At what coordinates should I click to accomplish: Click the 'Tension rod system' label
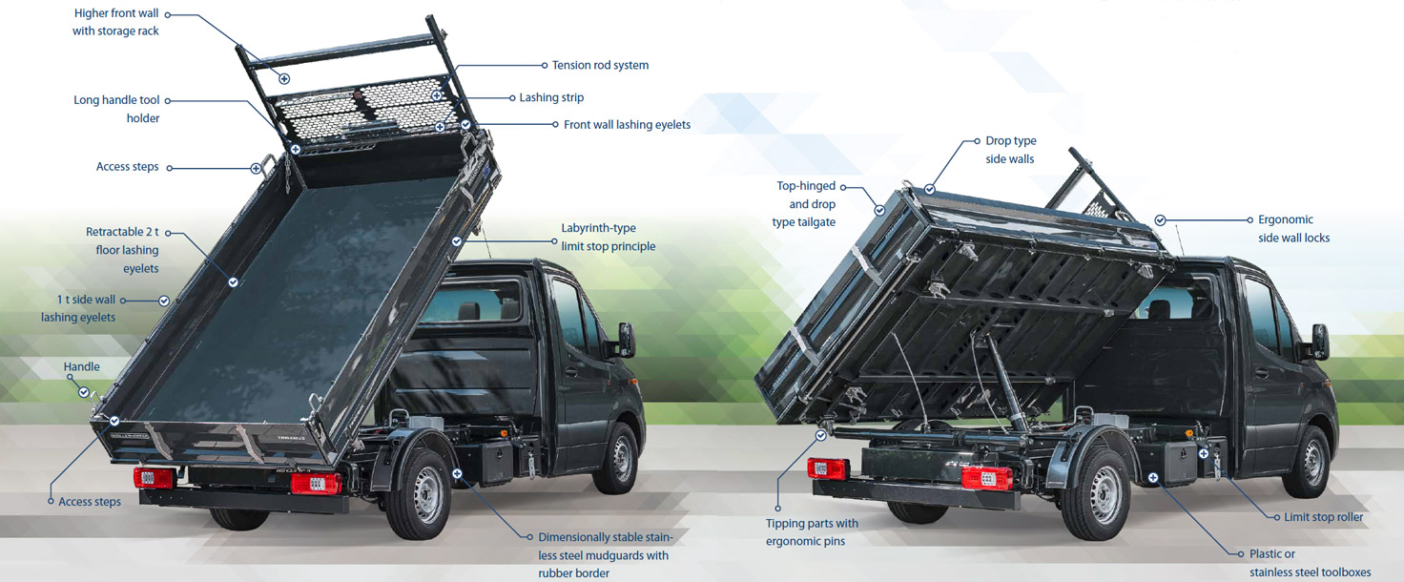600,65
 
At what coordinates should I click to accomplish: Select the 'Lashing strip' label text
551,97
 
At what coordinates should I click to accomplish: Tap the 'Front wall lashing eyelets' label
627,125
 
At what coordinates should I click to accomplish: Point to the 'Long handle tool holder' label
116,109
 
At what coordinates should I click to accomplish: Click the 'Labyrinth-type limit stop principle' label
608,237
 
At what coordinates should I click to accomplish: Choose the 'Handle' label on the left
81,367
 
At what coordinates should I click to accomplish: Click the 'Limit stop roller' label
1323,517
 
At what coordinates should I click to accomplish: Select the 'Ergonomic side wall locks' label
1293,229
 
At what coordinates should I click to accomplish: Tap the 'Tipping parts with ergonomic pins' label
812,532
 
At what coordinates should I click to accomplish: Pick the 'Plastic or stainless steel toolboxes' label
1310,563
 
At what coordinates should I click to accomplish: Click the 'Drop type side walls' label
1010,150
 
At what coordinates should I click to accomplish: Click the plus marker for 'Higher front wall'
284,79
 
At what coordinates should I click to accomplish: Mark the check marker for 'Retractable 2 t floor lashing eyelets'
233,282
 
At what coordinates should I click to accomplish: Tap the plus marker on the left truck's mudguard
457,473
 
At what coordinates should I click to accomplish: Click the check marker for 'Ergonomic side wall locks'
1160,220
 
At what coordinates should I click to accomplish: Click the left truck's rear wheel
418,493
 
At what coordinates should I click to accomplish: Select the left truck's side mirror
626,340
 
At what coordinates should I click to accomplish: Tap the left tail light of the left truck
153,478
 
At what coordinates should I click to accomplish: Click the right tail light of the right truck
986,478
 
